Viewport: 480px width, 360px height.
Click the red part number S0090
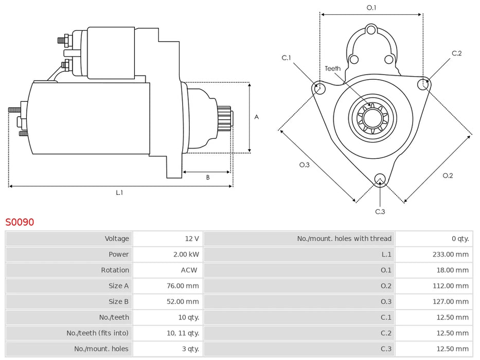click(x=20, y=222)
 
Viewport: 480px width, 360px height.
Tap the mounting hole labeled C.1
click(x=319, y=87)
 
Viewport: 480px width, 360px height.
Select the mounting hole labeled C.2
click(x=423, y=84)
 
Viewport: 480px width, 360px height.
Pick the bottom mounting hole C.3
click(x=380, y=179)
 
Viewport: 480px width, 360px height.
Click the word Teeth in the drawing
click(x=332, y=68)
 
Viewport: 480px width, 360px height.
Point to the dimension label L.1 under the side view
click(x=119, y=192)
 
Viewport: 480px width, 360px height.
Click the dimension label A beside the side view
click(x=257, y=117)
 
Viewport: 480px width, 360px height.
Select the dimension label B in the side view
click(x=208, y=177)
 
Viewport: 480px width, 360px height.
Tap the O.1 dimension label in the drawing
click(x=371, y=8)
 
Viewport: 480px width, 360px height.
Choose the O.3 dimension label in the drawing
click(x=305, y=165)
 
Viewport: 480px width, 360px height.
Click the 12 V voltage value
click(x=192, y=239)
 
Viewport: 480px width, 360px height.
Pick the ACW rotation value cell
click(x=189, y=270)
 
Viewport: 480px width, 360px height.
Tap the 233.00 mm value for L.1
click(x=450, y=254)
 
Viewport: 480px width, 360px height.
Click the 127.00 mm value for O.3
click(x=450, y=301)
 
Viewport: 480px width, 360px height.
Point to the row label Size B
click(x=118, y=301)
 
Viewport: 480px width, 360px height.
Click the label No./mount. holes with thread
click(x=344, y=239)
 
